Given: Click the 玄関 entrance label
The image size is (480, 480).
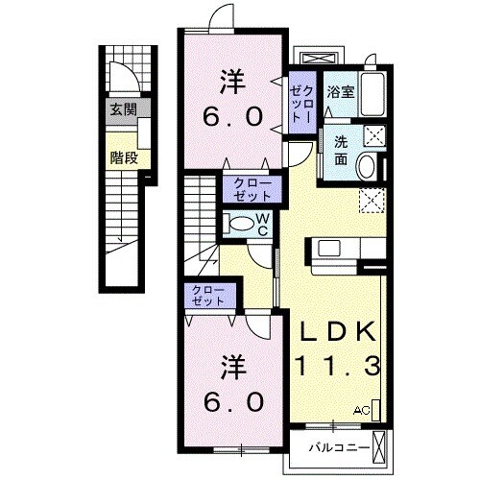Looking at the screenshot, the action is tap(124, 109).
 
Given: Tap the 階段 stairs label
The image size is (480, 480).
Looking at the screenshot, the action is tap(124, 157).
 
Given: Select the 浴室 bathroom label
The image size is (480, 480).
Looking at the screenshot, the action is tap(341, 92).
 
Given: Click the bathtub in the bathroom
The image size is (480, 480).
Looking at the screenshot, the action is tap(373, 94).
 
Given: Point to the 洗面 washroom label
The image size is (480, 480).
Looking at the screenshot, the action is tap(341, 151).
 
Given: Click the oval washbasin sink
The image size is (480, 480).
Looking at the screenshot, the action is tap(367, 166).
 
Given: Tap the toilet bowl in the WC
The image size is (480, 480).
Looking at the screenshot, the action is tap(242, 224).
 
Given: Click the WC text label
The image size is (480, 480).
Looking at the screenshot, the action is tap(262, 225).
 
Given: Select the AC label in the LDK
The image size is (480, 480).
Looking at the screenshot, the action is tap(362, 410).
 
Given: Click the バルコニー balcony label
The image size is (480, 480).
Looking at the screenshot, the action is tap(339, 447).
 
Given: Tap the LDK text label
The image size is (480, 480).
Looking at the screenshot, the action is tap(337, 331).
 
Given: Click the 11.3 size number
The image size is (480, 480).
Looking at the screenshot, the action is tap(339, 366).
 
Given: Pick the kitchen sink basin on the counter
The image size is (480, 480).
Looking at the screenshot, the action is tap(329, 249).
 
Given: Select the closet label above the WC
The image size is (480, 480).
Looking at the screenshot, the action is tap(252, 189).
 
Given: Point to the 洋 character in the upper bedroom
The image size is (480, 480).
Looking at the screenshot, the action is tap(233, 83).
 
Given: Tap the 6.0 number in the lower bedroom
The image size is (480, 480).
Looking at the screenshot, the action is tap(233, 402).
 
